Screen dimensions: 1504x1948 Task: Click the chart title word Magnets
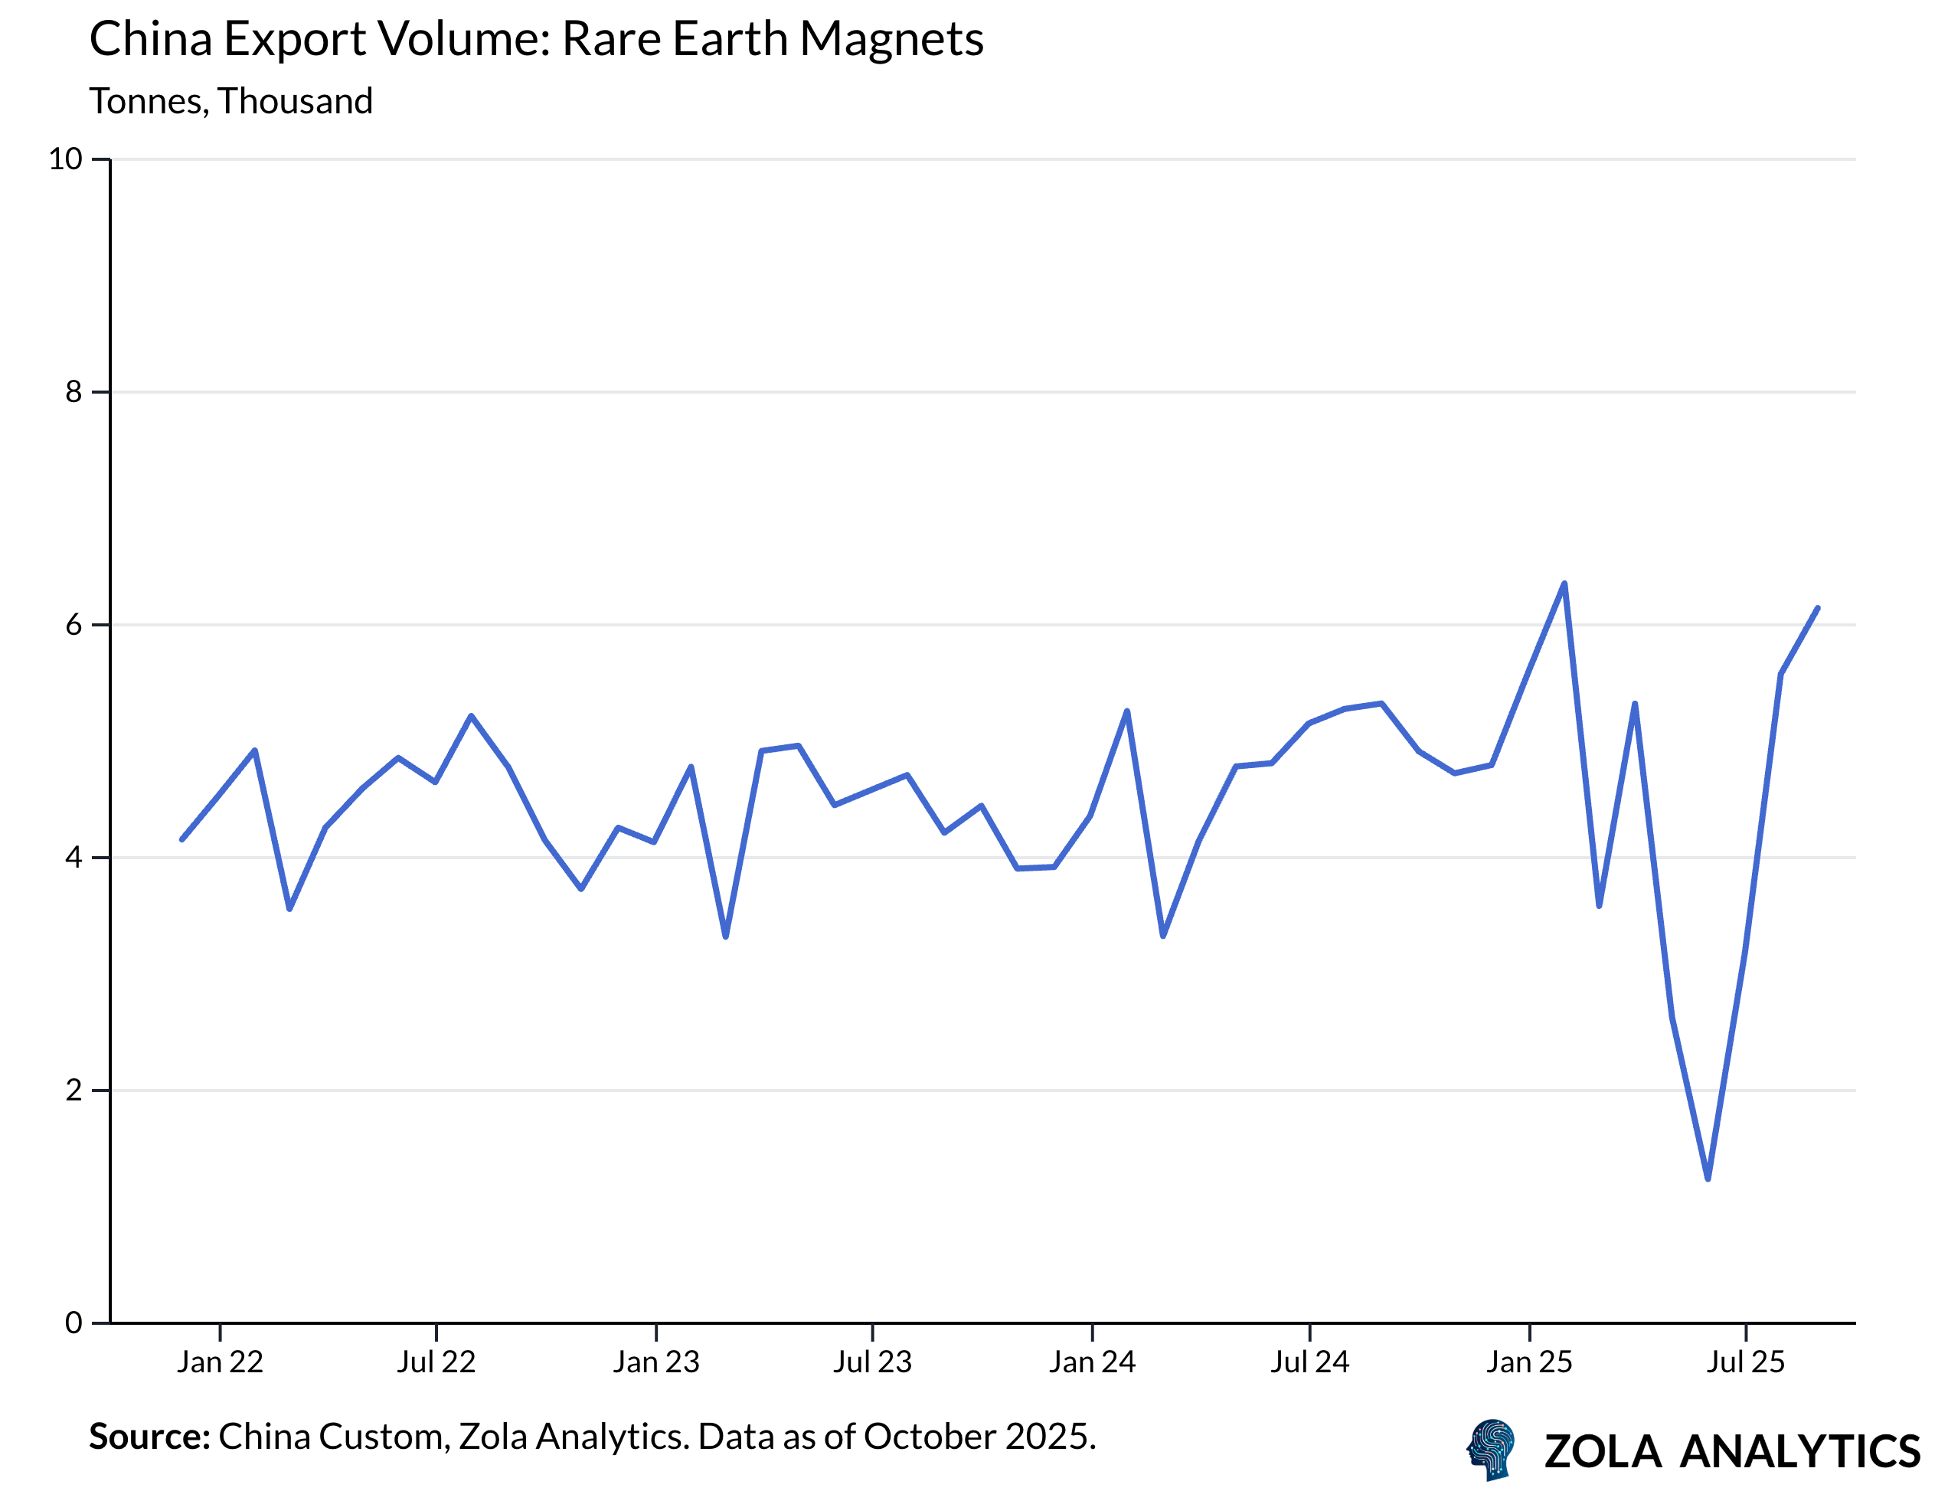pyautogui.click(x=891, y=39)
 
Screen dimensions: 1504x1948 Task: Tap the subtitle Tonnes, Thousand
pyautogui.click(x=231, y=101)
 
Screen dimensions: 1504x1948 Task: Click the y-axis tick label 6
pyautogui.click(x=74, y=624)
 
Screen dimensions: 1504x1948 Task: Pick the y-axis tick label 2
pyautogui.click(x=74, y=1090)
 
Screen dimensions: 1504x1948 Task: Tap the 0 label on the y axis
pyautogui.click(x=74, y=1323)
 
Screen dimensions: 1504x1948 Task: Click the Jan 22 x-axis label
pyautogui.click(x=220, y=1362)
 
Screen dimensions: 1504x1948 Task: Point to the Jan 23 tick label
pyautogui.click(x=655, y=1362)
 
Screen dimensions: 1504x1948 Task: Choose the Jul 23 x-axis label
pyautogui.click(x=871, y=1362)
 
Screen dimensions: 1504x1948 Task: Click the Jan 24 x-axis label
pyautogui.click(x=1092, y=1362)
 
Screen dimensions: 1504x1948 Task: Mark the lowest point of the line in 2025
pyautogui.click(x=1707, y=1179)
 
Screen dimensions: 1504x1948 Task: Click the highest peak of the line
pyautogui.click(x=1564, y=584)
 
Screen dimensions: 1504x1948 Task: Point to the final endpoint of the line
pyautogui.click(x=1817, y=608)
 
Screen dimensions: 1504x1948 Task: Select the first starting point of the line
pyautogui.click(x=182, y=839)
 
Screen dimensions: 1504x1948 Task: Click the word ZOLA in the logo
pyautogui.click(x=1602, y=1452)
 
